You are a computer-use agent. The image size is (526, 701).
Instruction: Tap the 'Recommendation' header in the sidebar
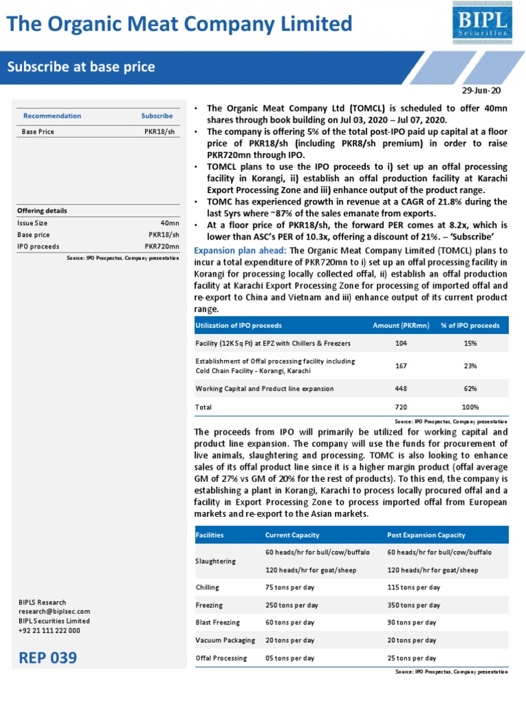[52, 116]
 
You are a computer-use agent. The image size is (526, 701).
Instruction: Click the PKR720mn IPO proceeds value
[162, 246]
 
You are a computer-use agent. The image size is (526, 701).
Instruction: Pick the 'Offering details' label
[42, 211]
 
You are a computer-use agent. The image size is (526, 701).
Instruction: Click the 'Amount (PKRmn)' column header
[401, 325]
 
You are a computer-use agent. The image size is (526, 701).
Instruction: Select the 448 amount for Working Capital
[401, 388]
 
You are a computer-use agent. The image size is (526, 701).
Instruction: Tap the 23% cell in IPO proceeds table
[470, 366]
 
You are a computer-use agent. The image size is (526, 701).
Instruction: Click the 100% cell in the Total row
[470, 407]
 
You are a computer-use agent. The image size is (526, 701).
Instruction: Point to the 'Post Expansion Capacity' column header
[426, 535]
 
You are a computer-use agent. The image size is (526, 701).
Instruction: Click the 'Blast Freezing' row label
[218, 622]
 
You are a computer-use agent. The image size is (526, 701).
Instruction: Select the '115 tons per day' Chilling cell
[414, 587]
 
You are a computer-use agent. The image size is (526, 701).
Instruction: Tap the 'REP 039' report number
[48, 659]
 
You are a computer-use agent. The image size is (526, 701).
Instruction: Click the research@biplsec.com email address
[54, 611]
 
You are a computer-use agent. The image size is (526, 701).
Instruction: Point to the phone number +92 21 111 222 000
[49, 630]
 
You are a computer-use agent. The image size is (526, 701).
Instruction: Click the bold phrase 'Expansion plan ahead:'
[241, 251]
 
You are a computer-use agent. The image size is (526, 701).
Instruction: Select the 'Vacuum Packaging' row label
[225, 640]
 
